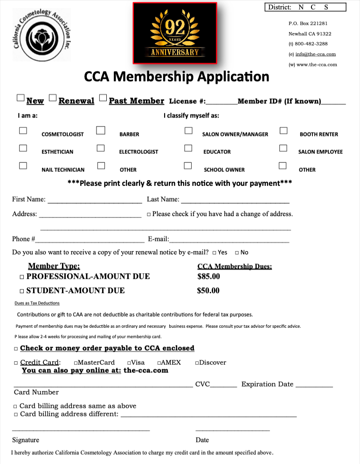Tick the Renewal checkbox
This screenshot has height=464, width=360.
[x=53, y=98]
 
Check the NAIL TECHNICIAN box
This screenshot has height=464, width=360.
[x=23, y=165]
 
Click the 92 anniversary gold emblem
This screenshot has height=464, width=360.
[x=175, y=33]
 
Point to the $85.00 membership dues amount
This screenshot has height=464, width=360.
[x=208, y=276]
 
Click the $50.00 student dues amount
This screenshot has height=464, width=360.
[x=208, y=291]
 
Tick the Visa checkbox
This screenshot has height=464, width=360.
[x=129, y=363]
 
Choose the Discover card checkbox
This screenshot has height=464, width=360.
[x=197, y=363]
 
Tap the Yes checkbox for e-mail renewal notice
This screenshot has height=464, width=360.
[x=214, y=253]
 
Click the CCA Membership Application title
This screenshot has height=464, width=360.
[x=177, y=76]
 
